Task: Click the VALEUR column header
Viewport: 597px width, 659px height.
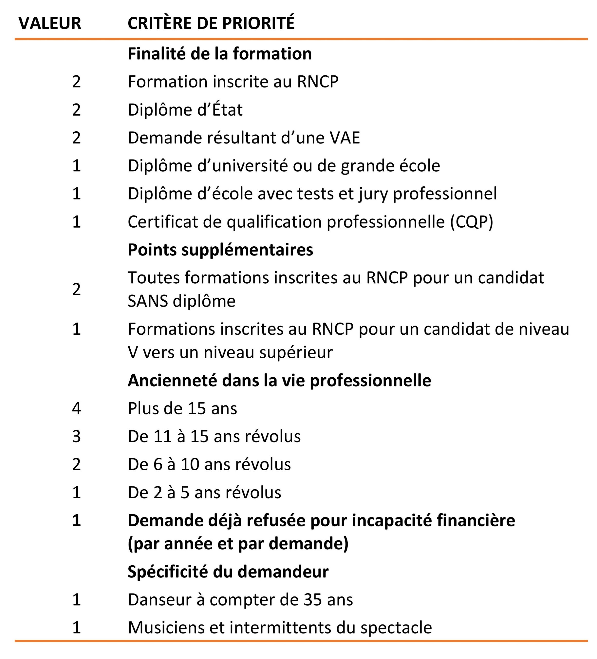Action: click(50, 23)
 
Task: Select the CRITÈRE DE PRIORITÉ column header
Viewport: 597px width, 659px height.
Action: click(211, 23)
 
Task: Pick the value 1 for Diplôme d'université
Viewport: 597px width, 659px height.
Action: click(76, 166)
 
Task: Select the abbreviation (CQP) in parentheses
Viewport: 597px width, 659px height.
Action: click(471, 222)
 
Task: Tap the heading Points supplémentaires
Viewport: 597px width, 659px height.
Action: click(220, 250)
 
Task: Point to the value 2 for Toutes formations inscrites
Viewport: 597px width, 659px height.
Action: click(76, 289)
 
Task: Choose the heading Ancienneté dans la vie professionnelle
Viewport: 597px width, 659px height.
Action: click(279, 380)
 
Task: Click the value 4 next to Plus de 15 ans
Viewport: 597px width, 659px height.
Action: click(76, 409)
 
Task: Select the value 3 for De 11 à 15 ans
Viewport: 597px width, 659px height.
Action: click(76, 436)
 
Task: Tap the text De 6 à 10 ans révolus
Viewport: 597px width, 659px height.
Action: click(209, 464)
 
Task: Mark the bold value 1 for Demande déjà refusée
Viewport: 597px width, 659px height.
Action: click(76, 521)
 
